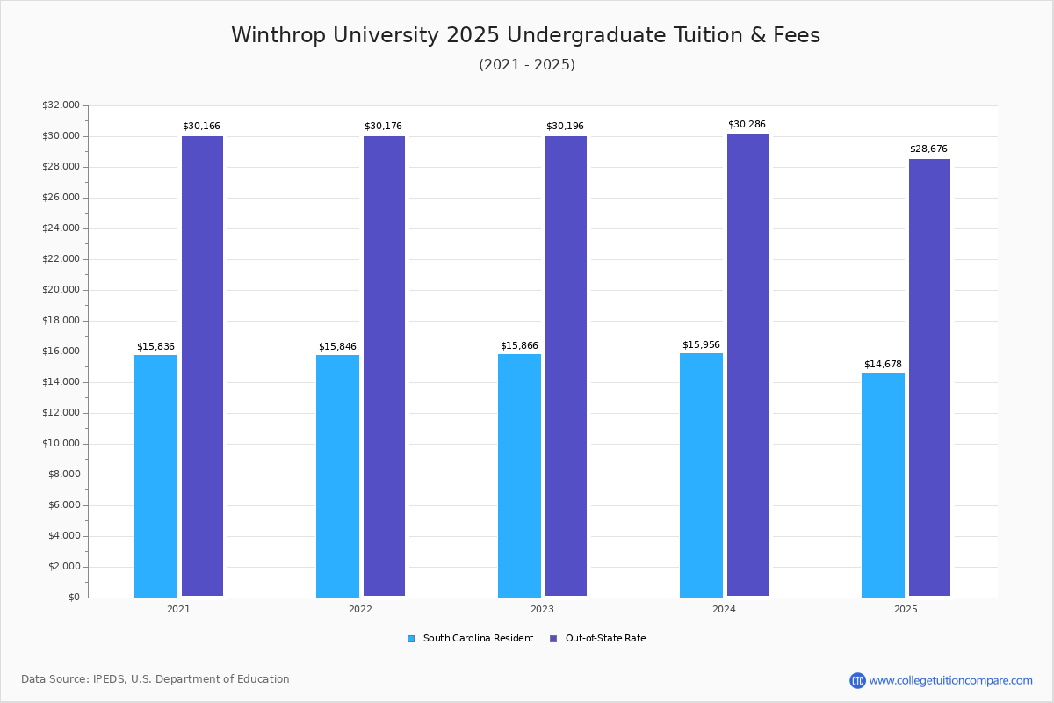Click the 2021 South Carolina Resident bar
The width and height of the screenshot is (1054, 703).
(x=155, y=475)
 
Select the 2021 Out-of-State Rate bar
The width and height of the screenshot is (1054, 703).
(x=202, y=366)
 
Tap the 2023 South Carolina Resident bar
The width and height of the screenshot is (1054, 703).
(x=519, y=475)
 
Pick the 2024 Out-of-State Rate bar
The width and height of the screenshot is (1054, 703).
(x=747, y=365)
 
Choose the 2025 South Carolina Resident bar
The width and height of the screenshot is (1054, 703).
(x=883, y=484)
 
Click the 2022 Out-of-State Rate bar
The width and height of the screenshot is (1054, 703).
(x=384, y=366)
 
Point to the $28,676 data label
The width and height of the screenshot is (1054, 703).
(x=928, y=149)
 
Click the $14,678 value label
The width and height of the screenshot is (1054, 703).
(x=883, y=364)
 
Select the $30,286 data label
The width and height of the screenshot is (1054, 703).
(x=747, y=125)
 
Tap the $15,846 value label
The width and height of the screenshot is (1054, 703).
(x=337, y=346)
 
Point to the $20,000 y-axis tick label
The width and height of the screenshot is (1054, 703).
(x=61, y=290)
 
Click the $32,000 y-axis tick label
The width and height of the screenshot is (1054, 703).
(x=61, y=105)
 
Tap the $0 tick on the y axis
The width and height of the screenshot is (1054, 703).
(x=73, y=598)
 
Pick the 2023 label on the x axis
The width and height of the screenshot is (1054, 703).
(x=542, y=609)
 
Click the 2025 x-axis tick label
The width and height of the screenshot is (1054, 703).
(x=906, y=609)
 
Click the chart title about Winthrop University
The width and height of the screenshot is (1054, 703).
(x=525, y=35)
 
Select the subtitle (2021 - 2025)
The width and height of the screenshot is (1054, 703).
(x=527, y=65)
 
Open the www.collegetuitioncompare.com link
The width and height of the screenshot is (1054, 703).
(x=950, y=680)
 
